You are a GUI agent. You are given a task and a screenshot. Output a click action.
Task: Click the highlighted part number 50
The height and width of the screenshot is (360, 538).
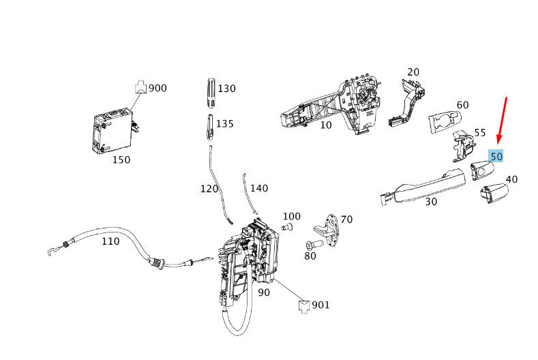pyautogui.click(x=496, y=157)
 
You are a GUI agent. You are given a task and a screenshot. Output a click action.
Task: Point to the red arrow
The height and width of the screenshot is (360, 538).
pyautogui.click(x=502, y=121)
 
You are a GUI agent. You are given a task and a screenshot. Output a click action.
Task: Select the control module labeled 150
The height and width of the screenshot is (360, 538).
pyautogui.click(x=113, y=131)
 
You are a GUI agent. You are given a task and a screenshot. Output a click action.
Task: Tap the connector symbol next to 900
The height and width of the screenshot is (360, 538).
pyautogui.click(x=140, y=87)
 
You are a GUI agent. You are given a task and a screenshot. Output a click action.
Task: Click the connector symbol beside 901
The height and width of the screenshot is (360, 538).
pyautogui.click(x=303, y=306)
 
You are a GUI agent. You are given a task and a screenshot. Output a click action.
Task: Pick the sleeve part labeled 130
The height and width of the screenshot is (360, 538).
pyautogui.click(x=211, y=93)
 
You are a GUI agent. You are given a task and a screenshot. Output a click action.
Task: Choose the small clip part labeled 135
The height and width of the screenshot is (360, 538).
pyautogui.click(x=210, y=127)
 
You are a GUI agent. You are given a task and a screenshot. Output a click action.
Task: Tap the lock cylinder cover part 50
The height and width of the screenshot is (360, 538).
pyautogui.click(x=481, y=170)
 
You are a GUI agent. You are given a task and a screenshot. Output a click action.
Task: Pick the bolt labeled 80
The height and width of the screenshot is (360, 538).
pyautogui.click(x=314, y=245)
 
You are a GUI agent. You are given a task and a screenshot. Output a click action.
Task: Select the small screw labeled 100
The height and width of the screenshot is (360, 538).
pyautogui.click(x=288, y=227)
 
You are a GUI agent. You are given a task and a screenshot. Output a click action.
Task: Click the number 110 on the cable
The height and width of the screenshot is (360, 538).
pyautogui.click(x=110, y=241)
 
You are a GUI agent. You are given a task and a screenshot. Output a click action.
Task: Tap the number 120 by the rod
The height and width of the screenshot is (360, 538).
pyautogui.click(x=209, y=188)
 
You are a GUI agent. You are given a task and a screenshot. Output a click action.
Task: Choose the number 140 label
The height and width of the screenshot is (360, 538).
pyautogui.click(x=259, y=188)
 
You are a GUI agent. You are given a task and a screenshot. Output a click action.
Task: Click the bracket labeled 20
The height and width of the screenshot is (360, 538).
pyautogui.click(x=407, y=102)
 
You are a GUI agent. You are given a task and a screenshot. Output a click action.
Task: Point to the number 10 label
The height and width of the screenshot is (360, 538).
pyautogui.click(x=326, y=125)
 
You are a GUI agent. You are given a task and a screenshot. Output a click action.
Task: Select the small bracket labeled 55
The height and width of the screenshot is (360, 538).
pyautogui.click(x=462, y=146)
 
